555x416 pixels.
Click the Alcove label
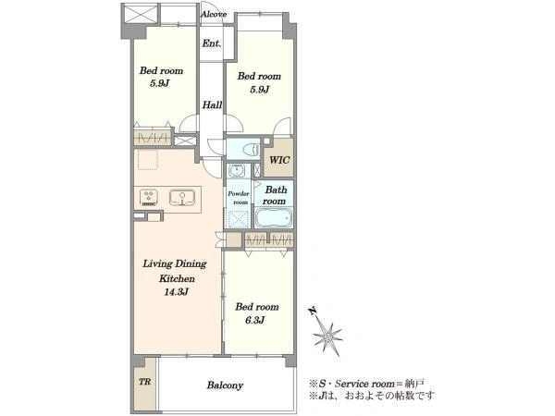tap(214, 15)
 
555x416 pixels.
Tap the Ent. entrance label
tap(212, 43)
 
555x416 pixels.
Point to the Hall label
tap(212, 104)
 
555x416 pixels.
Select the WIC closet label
tap(279, 160)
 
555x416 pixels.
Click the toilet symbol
tap(251, 149)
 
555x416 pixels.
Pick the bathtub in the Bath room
tap(274, 218)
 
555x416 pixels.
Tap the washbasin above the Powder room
tap(235, 171)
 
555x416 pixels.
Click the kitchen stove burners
tap(149, 198)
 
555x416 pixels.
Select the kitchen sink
tap(182, 198)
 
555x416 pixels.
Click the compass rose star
tap(328, 336)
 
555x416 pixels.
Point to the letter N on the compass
tap(313, 311)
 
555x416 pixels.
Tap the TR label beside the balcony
tap(145, 382)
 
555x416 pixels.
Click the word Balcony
tap(225, 385)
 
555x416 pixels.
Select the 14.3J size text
tap(176, 292)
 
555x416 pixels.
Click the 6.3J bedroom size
tap(255, 320)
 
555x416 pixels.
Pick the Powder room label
tap(239, 198)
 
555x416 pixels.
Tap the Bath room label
tap(275, 195)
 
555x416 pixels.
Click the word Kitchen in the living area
tap(177, 278)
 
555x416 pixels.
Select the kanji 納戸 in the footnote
tap(416, 384)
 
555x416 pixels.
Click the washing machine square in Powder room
tap(239, 219)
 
